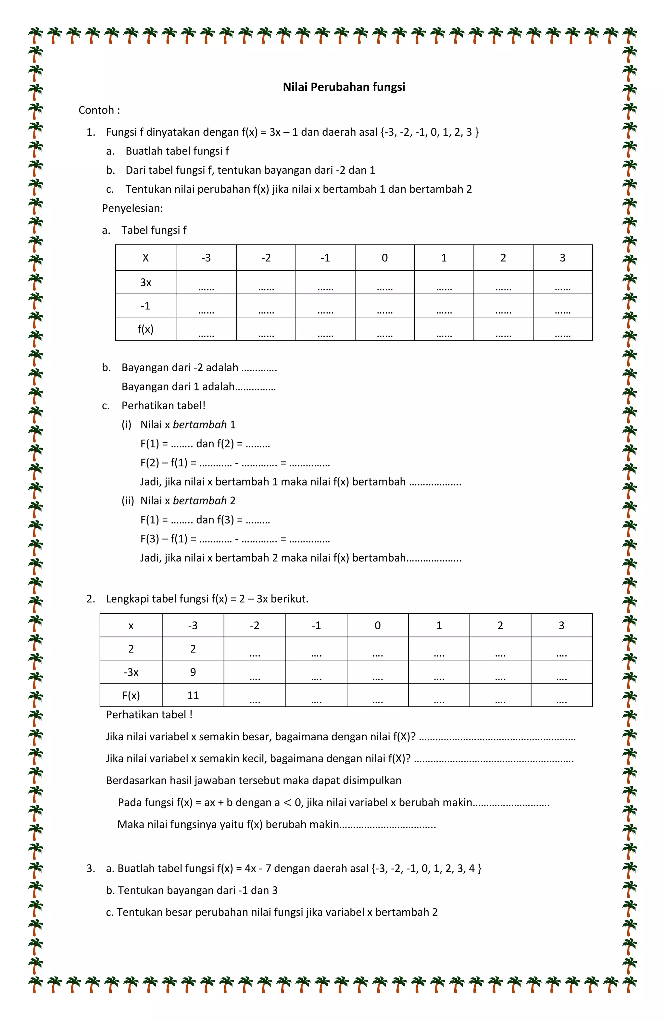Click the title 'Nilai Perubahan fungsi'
click(344, 87)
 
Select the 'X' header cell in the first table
click(145, 258)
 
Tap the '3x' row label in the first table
click(145, 282)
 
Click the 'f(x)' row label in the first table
click(145, 329)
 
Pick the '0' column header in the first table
click(384, 258)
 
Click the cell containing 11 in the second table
click(193, 695)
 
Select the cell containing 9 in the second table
click(193, 672)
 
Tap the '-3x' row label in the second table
click(131, 672)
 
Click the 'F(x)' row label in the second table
click(131, 695)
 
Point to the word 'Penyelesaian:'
click(132, 208)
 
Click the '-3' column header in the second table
click(193, 625)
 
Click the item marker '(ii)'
click(128, 500)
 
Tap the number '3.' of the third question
click(91, 868)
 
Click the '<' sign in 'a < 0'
click(287, 803)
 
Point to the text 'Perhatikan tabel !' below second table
click(149, 714)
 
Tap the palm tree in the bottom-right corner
click(629, 984)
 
